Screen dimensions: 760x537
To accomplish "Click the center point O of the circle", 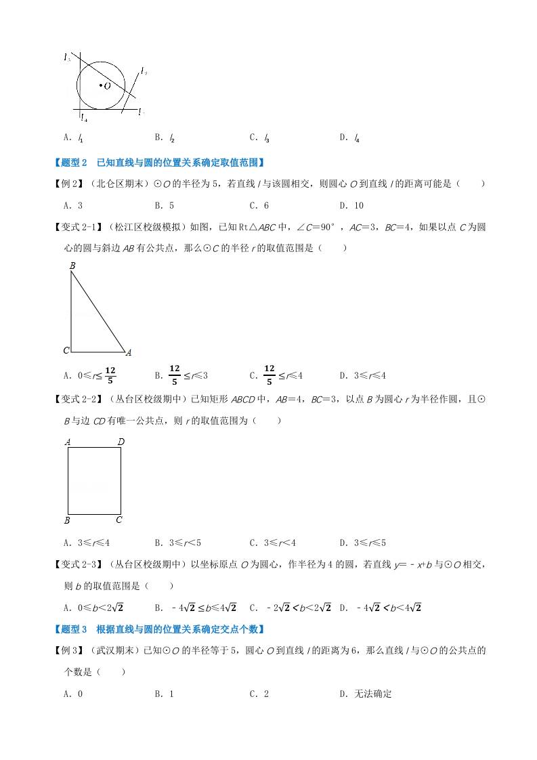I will (x=100, y=85).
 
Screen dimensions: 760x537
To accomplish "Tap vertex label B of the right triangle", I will (x=72, y=266).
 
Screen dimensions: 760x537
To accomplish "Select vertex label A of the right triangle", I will (x=128, y=352).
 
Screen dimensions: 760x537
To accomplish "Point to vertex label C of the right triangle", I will (x=66, y=350).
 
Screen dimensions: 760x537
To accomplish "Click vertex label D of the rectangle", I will (x=121, y=442).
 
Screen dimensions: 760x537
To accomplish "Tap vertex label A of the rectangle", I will (x=68, y=442).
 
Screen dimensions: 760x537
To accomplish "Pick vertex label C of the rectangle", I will (x=119, y=520).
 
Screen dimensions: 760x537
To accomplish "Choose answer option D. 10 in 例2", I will (x=351, y=206).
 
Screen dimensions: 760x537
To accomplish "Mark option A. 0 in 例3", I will (x=72, y=694).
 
